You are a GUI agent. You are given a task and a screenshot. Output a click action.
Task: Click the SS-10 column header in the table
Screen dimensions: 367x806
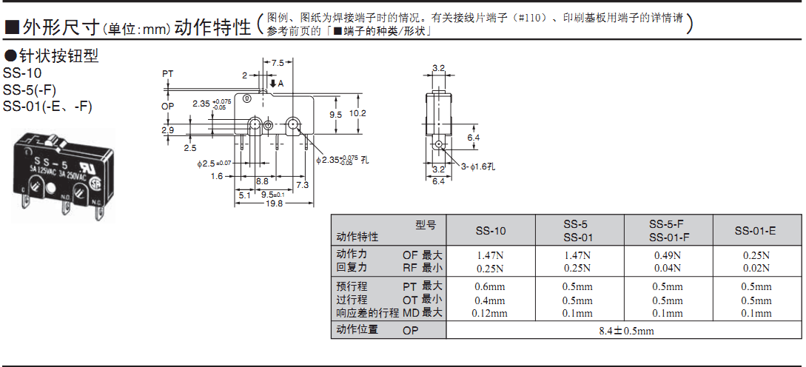click(x=491, y=231)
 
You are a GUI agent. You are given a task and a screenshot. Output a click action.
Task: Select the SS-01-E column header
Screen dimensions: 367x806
click(x=755, y=231)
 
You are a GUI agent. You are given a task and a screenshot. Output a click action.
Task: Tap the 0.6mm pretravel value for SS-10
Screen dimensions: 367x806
click(x=490, y=287)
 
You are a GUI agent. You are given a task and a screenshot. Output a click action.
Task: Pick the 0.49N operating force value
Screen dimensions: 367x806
click(x=667, y=255)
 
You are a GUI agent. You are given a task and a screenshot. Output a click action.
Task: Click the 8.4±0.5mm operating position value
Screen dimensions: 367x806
click(x=626, y=331)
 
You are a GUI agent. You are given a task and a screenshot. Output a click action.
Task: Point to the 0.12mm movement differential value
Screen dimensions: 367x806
click(x=490, y=313)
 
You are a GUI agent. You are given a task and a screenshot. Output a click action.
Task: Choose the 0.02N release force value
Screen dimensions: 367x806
click(x=756, y=268)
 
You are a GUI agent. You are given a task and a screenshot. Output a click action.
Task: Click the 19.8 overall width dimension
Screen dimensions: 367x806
click(x=275, y=203)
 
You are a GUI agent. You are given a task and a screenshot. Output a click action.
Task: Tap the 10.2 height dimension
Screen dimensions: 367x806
click(x=358, y=113)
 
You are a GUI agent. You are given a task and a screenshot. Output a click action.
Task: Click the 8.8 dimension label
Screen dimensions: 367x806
click(x=262, y=181)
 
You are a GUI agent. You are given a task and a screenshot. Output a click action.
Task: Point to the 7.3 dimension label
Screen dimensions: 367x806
click(x=302, y=184)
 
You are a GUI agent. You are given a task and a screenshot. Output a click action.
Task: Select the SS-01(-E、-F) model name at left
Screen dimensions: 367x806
click(x=47, y=106)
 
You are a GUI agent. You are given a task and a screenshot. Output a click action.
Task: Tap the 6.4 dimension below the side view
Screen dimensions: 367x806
click(x=438, y=181)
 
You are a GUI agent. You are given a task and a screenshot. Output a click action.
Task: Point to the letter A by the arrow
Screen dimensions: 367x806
click(x=281, y=84)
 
